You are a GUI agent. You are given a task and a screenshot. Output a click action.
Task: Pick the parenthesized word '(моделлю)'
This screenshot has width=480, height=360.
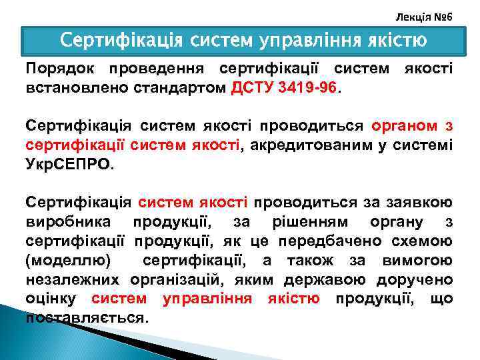[69, 259]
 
